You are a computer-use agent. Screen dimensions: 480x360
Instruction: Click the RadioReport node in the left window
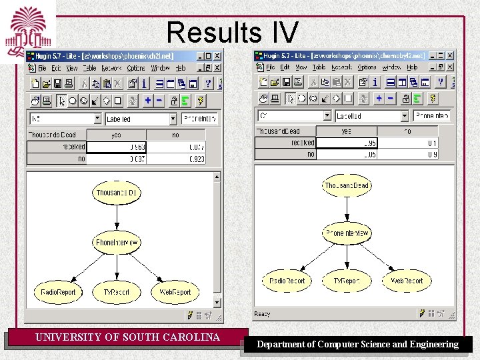pos(59,292)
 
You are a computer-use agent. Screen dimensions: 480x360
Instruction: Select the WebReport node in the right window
pos(407,281)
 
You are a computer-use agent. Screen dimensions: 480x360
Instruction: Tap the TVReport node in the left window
pos(117,292)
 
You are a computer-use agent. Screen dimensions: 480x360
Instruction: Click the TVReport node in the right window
pos(347,281)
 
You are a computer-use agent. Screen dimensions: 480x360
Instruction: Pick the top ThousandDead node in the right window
pos(347,185)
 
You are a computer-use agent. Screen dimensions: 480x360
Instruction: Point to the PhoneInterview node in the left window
pos(117,242)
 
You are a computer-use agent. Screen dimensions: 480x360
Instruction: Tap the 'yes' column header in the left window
pos(116,135)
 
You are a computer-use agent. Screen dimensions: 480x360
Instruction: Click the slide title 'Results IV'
pos(232,32)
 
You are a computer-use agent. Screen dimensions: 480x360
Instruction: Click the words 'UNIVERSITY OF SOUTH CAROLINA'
pos(127,337)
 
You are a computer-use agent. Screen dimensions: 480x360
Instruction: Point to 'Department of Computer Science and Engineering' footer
pos(358,345)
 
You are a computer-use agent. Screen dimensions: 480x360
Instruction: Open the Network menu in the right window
pos(341,67)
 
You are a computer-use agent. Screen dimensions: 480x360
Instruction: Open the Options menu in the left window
pos(135,68)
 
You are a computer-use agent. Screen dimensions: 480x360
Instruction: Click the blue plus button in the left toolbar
pos(147,100)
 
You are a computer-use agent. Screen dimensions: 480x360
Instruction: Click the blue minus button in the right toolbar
pos(391,98)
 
